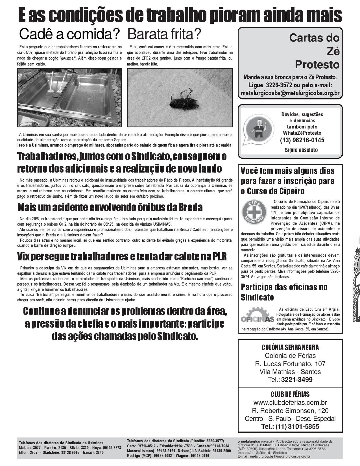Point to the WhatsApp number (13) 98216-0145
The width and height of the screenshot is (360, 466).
click(302, 140)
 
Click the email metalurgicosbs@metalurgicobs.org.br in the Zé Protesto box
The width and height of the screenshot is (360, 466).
click(290, 93)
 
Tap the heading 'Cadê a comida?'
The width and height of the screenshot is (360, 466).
click(69, 34)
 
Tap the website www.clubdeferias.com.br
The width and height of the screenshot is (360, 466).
click(290, 402)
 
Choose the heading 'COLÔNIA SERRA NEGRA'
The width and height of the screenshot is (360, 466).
click(290, 348)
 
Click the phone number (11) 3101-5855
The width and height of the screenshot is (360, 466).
click(298, 426)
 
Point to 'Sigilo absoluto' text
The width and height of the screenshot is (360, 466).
click(301, 150)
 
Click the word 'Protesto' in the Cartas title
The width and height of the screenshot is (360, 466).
click(317, 65)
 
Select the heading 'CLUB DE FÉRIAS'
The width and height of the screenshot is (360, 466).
click(290, 394)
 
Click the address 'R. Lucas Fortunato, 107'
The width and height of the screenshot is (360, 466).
click(290, 364)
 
